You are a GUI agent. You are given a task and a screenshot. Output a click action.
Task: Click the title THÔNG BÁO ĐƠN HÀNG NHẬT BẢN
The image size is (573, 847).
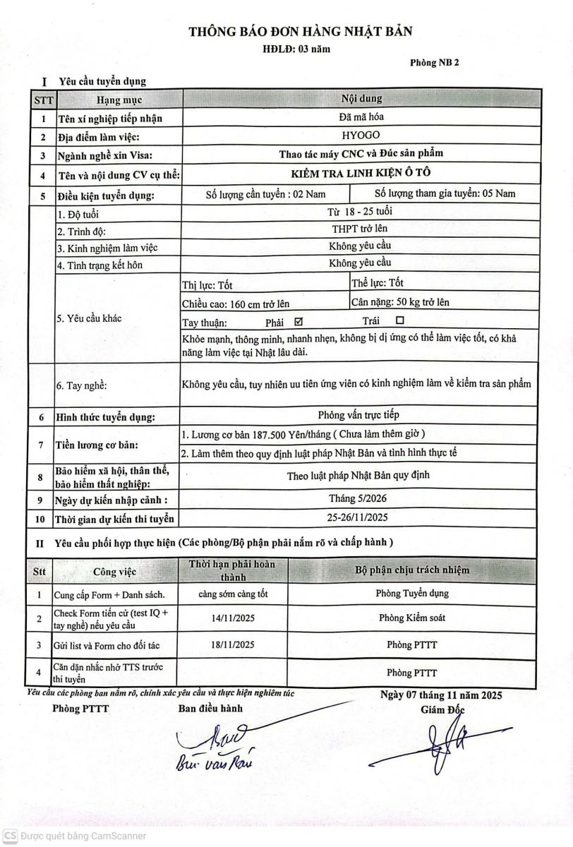[x=300, y=31]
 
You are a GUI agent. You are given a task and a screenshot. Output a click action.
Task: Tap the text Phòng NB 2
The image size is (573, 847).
[x=435, y=63]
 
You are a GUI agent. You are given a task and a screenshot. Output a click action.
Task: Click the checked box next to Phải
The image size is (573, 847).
[x=297, y=322]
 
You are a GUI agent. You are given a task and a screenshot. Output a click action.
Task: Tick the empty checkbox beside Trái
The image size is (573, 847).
[x=399, y=322]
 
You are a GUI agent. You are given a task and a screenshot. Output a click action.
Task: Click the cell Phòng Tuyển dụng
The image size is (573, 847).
[x=412, y=593]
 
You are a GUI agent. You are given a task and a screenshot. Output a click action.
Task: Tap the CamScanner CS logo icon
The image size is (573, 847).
[x=9, y=836]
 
